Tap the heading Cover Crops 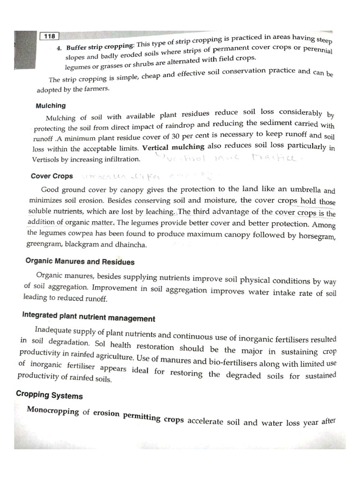pos(52,176)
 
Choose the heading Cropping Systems pos(49,395)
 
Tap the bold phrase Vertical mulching pos(173,147)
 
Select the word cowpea pos(81,232)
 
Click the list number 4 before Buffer pos(60,48)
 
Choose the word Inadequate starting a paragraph pos(58,332)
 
